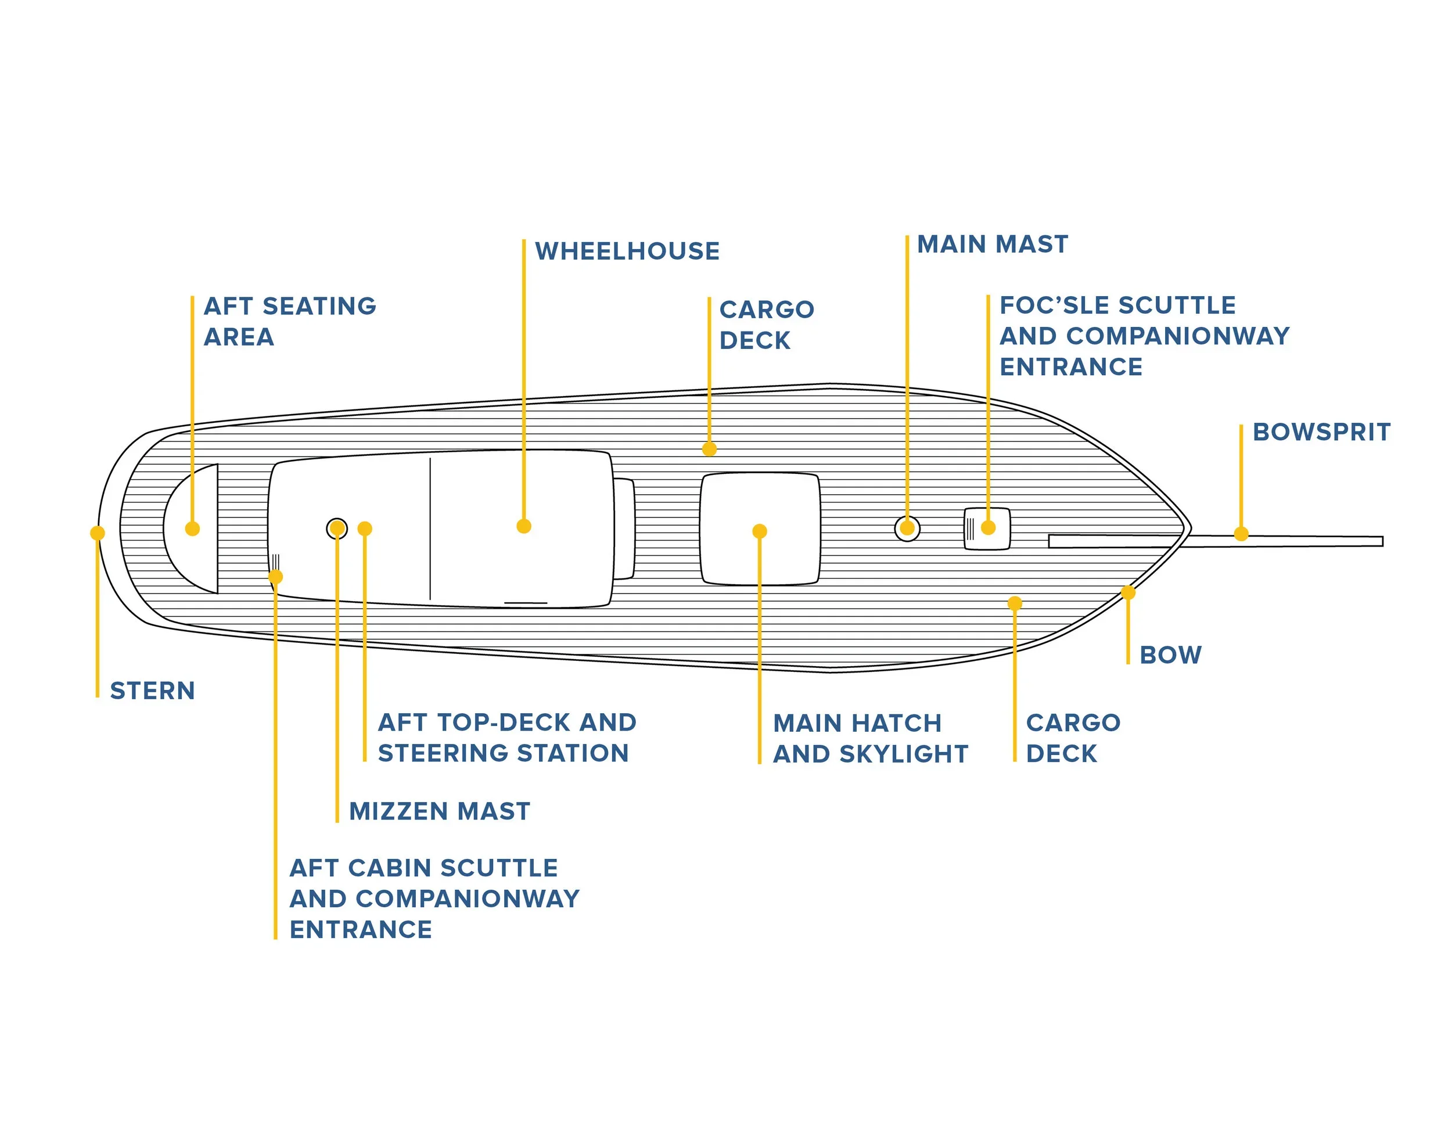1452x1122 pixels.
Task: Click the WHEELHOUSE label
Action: coord(627,251)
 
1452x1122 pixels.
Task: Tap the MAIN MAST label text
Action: coord(992,244)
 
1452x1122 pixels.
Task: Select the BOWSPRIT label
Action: coord(1321,432)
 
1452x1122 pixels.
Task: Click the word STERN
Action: coord(152,691)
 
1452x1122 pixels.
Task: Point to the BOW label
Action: coord(1170,654)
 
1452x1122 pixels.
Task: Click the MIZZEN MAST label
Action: coord(440,811)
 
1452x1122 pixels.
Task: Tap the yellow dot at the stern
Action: coord(98,533)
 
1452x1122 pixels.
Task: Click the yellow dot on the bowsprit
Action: coord(1241,534)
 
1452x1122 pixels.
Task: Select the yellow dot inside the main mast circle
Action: coord(907,529)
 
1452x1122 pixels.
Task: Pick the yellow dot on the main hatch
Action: coord(759,531)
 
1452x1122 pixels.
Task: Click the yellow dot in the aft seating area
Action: coord(192,528)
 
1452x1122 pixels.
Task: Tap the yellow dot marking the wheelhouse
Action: coord(524,526)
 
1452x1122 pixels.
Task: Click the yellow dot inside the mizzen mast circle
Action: coord(337,528)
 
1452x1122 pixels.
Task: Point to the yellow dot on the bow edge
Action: coord(1127,592)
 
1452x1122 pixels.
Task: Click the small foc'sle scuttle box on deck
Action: coord(987,529)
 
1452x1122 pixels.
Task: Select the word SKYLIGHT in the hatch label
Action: coord(904,754)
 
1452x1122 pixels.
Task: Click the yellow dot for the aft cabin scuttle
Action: coord(275,576)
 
